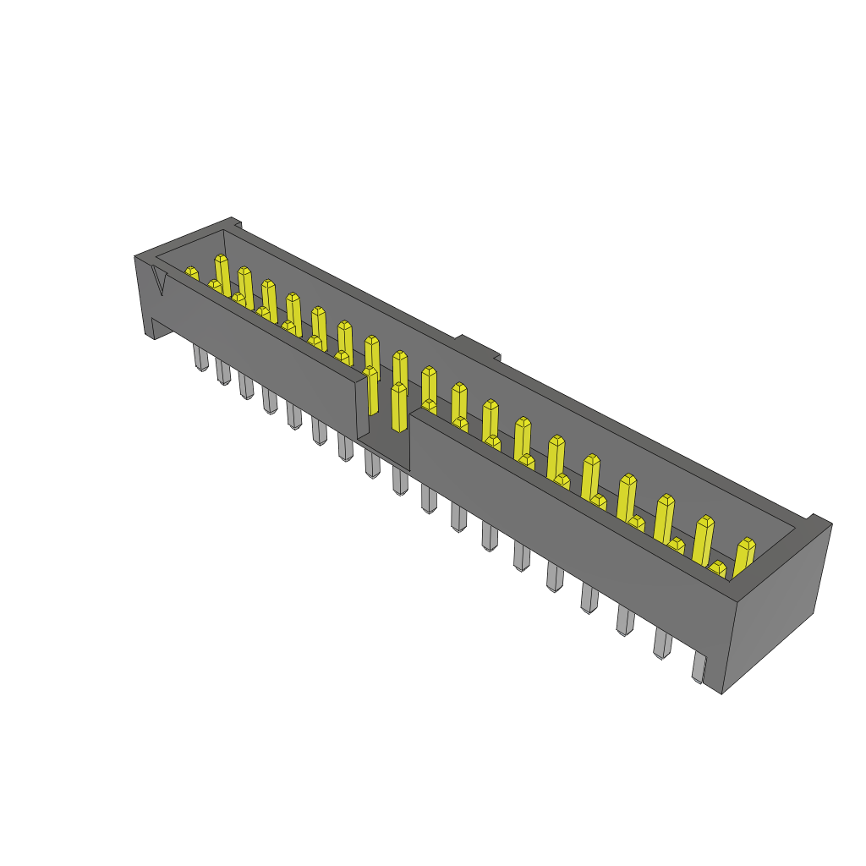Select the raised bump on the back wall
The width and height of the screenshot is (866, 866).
tap(479, 347)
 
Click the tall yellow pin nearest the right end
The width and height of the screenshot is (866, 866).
tap(743, 557)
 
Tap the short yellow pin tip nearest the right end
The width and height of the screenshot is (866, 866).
tap(717, 568)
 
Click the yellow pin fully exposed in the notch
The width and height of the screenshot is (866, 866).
tap(399, 408)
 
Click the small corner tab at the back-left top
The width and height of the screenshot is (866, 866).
tap(237, 223)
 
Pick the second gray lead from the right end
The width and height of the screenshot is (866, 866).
tap(661, 644)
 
